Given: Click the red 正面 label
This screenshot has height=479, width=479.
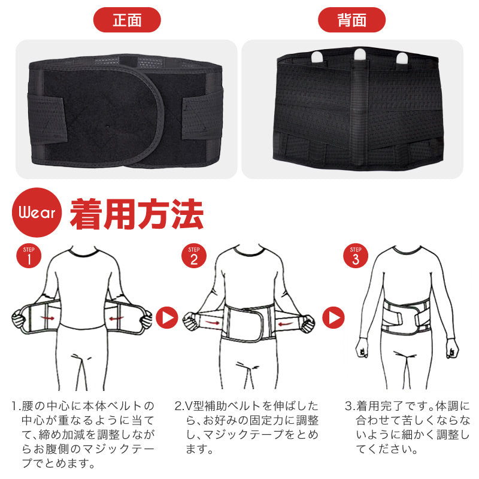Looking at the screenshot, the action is pyautogui.click(x=127, y=20).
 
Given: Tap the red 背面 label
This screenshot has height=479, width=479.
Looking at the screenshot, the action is pyautogui.click(x=351, y=20).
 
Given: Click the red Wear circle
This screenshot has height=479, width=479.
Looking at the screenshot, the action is pyautogui.click(x=37, y=213).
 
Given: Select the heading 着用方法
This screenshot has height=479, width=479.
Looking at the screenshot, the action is pyautogui.click(x=137, y=214).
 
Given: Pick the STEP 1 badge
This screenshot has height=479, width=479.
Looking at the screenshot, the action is pyautogui.click(x=29, y=256).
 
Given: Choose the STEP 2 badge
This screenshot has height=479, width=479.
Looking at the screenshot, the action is pyautogui.click(x=194, y=256).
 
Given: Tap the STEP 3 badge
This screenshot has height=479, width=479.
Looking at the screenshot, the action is pyautogui.click(x=356, y=256).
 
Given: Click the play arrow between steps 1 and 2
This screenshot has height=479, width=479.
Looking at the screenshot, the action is pyautogui.click(x=167, y=318).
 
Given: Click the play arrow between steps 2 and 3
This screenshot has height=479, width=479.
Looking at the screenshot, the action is pyautogui.click(x=334, y=318).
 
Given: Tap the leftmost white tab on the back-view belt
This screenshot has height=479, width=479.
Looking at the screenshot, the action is pyautogui.click(x=317, y=57).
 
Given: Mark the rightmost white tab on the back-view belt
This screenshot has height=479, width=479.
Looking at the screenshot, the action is pyautogui.click(x=402, y=58).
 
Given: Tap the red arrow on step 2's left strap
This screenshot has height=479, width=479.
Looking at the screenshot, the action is pyautogui.click(x=211, y=322).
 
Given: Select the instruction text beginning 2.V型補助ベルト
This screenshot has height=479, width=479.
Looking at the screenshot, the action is pyautogui.click(x=247, y=427).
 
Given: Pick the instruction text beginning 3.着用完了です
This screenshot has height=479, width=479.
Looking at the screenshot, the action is pyautogui.click(x=407, y=427).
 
